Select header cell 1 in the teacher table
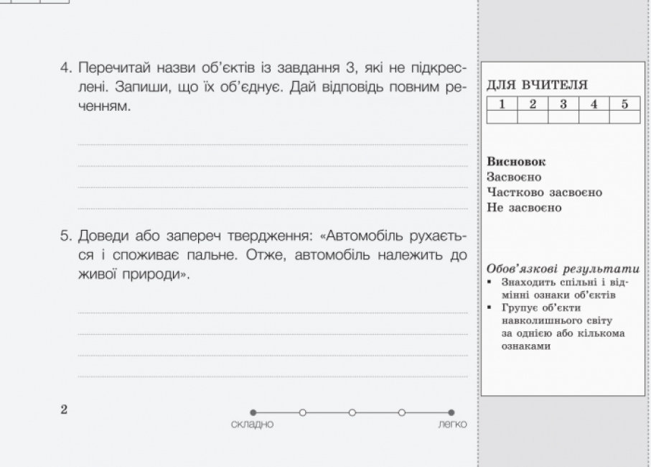502,103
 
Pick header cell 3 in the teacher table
563,103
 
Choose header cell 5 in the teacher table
624,103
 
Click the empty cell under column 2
533,116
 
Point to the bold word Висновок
516,161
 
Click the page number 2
64,410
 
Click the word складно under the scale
253,424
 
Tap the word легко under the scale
451,424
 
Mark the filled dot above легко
451,412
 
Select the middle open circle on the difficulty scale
352,412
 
